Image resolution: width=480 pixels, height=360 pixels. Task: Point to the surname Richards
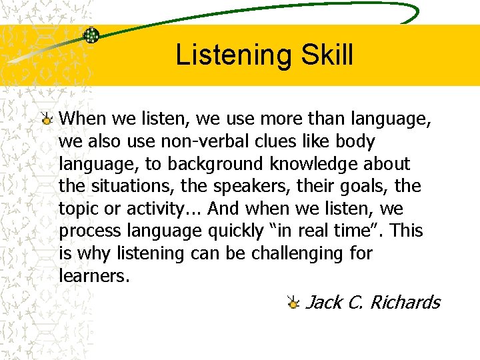pos(405,302)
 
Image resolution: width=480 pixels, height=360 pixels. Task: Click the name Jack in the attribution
pos(324,302)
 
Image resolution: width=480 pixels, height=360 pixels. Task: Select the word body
pos(356,141)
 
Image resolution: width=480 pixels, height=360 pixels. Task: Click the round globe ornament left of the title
pos(91,35)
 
